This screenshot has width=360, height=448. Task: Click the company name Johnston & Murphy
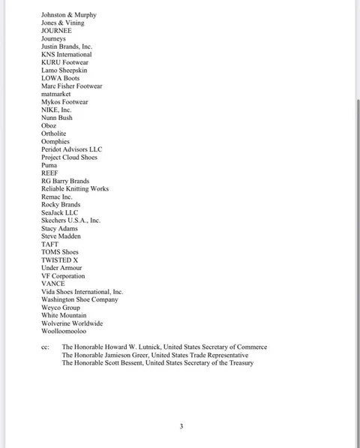click(x=68, y=15)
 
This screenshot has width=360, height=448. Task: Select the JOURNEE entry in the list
click(x=56, y=31)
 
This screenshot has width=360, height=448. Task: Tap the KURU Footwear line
click(x=64, y=62)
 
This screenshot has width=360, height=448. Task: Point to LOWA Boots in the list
click(x=60, y=78)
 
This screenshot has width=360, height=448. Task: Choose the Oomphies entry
click(x=55, y=142)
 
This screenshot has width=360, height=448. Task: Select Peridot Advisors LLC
click(x=71, y=149)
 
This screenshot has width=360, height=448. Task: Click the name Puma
click(x=49, y=165)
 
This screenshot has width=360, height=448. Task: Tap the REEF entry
click(x=49, y=173)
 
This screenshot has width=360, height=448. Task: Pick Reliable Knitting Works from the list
click(x=74, y=189)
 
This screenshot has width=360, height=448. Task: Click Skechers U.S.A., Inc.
click(x=70, y=221)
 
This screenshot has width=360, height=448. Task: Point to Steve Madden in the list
click(x=61, y=236)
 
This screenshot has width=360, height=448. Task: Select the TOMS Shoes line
click(x=59, y=252)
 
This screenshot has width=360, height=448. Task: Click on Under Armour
click(x=61, y=268)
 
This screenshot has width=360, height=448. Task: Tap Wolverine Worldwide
click(x=72, y=323)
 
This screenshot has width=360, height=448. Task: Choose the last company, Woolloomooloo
click(x=63, y=331)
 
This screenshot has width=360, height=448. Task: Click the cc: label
click(x=46, y=347)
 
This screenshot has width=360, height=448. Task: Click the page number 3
click(x=181, y=426)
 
